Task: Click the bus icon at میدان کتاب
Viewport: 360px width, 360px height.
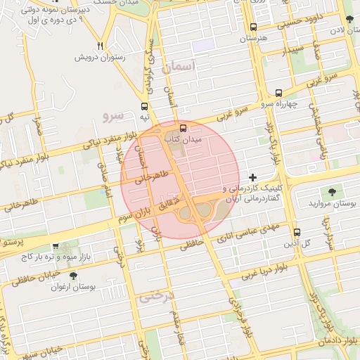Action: pos(184,128)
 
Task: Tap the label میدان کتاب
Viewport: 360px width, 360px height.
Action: pos(187,140)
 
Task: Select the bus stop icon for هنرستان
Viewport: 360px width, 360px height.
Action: pos(253,27)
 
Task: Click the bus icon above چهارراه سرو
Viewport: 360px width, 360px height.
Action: pos(279,93)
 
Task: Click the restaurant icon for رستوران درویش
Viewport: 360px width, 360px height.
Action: pos(101,46)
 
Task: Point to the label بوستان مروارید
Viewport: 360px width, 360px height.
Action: pos(329,203)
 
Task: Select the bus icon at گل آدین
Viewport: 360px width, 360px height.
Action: pos(297,232)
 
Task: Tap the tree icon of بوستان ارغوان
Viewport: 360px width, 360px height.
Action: pos(73,276)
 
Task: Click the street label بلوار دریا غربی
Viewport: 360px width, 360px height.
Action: pos(260,271)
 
